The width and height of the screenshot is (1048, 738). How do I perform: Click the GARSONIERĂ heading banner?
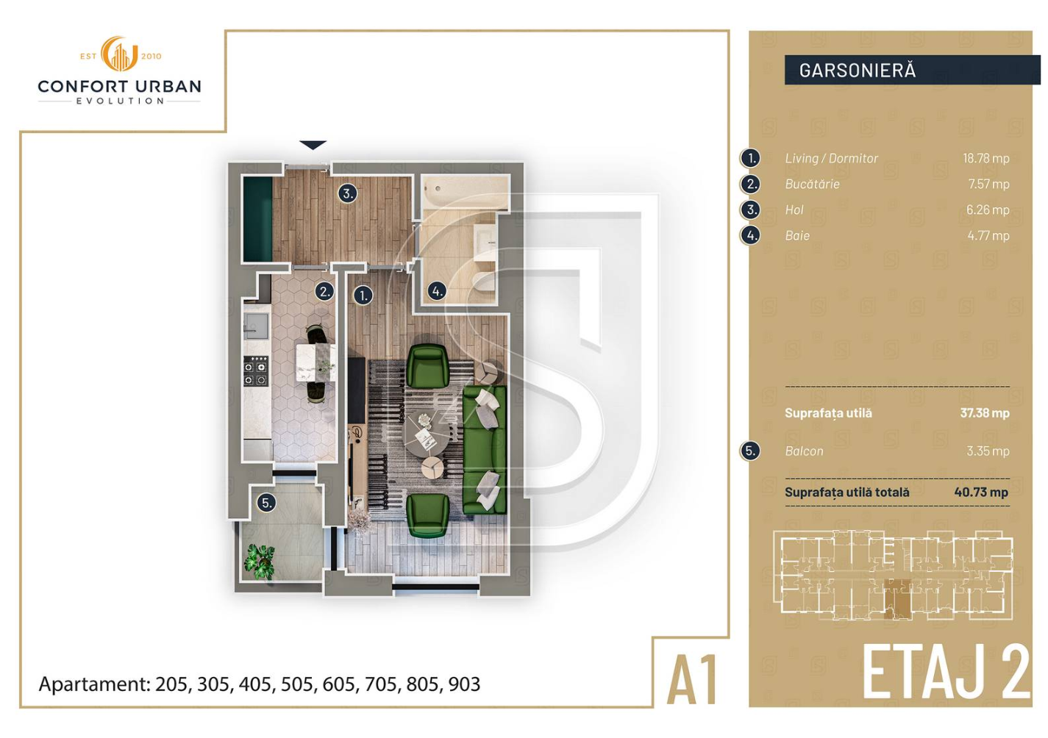[x=912, y=70]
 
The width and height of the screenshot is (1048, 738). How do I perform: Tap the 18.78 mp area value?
[x=985, y=159]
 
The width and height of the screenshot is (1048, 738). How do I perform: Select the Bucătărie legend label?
[x=812, y=184]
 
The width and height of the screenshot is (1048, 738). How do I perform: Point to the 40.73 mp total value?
[x=981, y=492]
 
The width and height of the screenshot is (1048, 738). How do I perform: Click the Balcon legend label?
[x=804, y=451]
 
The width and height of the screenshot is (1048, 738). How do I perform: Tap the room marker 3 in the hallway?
[x=348, y=193]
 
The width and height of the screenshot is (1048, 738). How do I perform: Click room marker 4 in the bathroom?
[x=437, y=291]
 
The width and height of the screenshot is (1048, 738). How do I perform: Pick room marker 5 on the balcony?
[x=266, y=504]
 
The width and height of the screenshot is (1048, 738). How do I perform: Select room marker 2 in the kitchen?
[x=324, y=292]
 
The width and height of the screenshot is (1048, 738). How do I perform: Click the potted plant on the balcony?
[x=260, y=562]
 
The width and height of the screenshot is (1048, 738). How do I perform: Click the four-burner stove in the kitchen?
[x=256, y=370]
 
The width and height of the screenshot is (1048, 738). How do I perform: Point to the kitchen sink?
[x=256, y=326]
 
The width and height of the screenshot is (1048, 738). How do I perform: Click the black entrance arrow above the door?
[x=313, y=145]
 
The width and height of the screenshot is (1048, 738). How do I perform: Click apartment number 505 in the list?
[x=297, y=684]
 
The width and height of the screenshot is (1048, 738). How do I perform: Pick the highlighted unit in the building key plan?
[x=898, y=598]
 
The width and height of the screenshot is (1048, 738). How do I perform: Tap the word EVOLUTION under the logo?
[x=120, y=101]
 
